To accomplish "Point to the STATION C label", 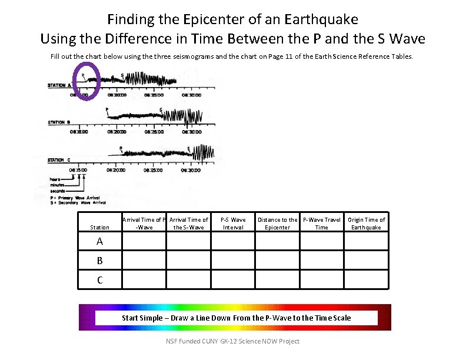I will coord(56,160).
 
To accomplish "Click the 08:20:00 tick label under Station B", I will coord(115,132).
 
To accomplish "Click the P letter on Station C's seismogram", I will coord(120,148).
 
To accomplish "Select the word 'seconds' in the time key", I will coord(57,191).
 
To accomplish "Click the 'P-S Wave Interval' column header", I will coord(233,224).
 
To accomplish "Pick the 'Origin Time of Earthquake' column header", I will coord(366,224).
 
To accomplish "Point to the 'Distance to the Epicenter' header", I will coord(277,224).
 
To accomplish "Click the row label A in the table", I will coord(100,241).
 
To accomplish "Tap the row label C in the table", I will coord(100,280).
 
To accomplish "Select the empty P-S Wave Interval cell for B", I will coord(233,260).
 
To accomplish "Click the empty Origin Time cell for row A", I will coord(366,241).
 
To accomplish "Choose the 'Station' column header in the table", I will coord(99,227).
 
